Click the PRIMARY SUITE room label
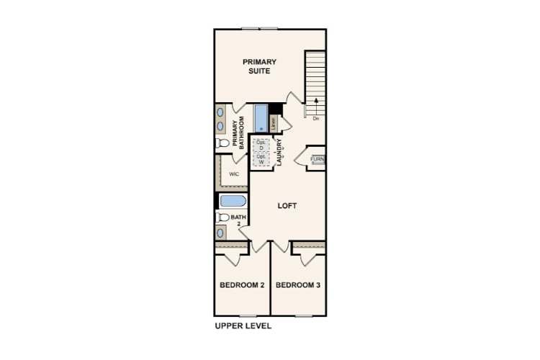pos(259,67)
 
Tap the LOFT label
pos(287,206)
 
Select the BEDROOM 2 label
pos(242,286)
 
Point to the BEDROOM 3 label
pos(298,286)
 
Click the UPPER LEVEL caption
pos(243,325)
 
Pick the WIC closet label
pos(234,175)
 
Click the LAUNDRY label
pos(279,154)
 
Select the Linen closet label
pos(274,122)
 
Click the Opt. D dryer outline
pos(261,145)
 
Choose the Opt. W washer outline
pos(261,160)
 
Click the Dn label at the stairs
pos(315,118)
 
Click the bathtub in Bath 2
pos(233,201)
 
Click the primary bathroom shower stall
pos(260,117)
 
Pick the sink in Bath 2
pos(220,233)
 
